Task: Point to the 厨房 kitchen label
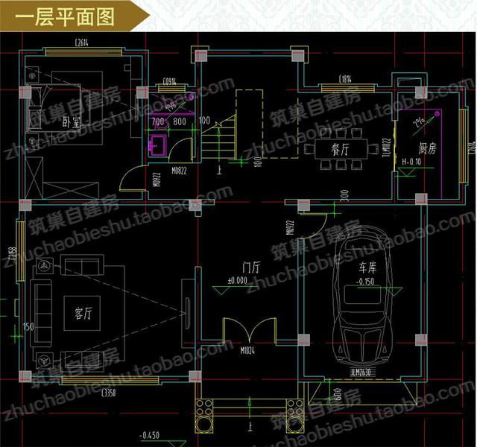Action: [x=427, y=148]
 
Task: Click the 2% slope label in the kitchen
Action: [x=420, y=122]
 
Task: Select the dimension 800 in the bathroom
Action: [x=180, y=121]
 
